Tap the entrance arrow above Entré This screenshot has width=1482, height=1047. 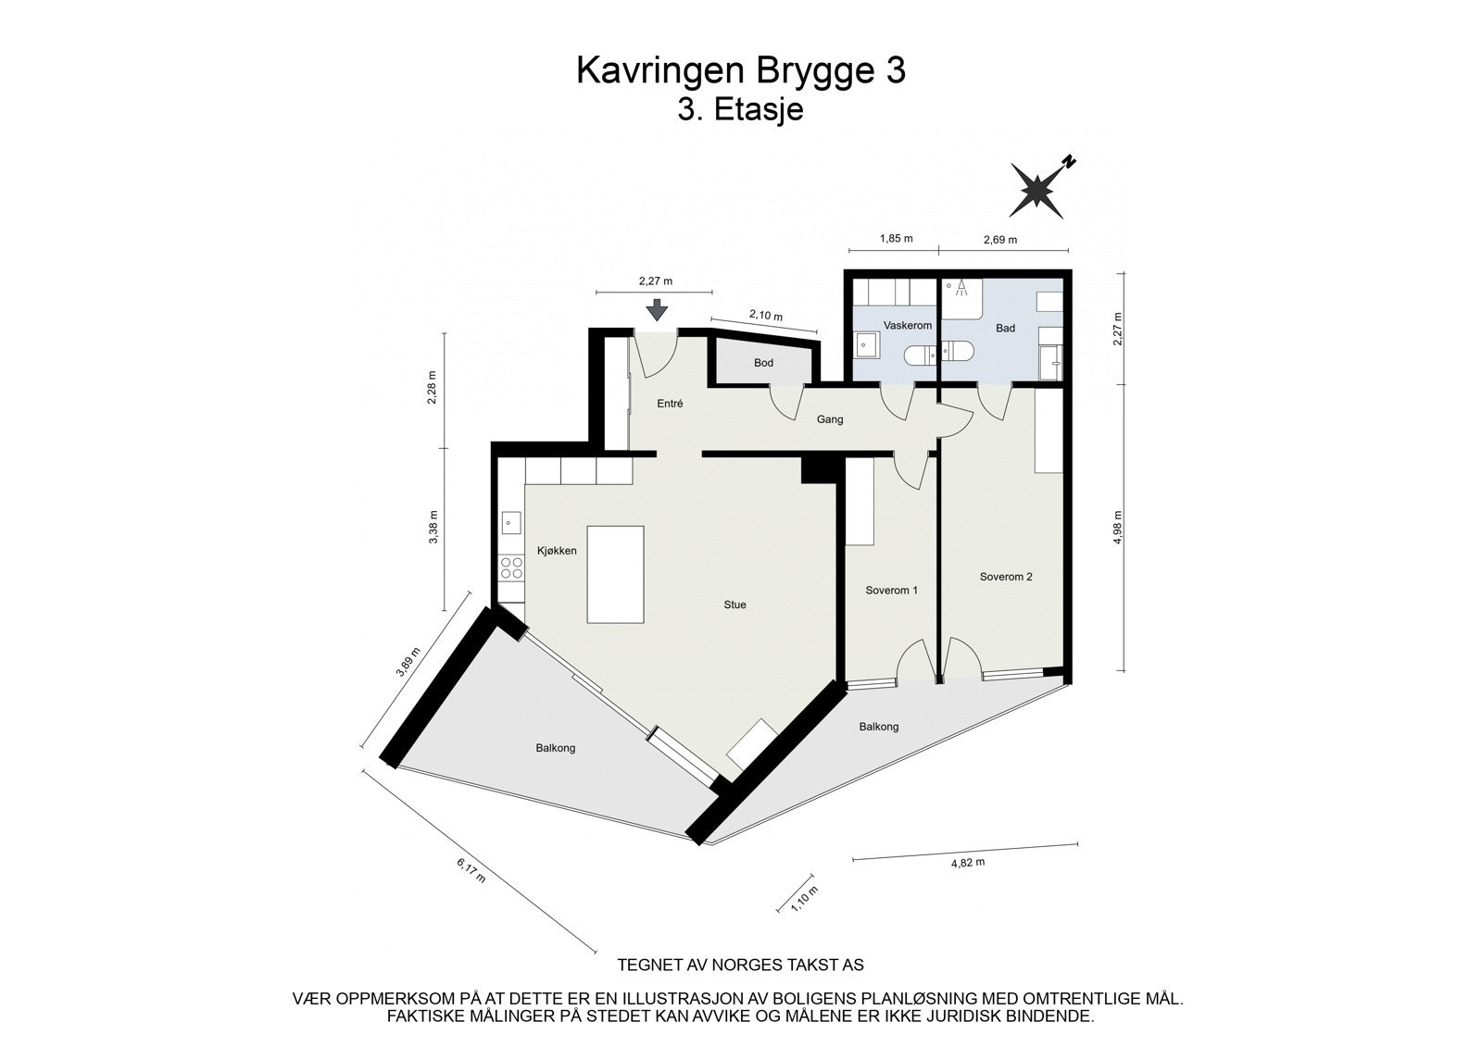(657, 310)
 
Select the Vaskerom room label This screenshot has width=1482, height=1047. (907, 326)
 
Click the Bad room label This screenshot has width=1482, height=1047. (1005, 329)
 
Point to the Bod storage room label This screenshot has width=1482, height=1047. (763, 363)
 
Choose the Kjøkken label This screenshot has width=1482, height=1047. (557, 551)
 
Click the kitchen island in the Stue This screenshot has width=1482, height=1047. (616, 574)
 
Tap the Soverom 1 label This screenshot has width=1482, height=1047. (891, 591)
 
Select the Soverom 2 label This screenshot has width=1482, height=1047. (1006, 577)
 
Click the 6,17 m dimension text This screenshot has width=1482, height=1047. (471, 870)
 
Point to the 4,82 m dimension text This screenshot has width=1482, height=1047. (968, 862)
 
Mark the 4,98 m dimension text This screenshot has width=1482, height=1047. (1118, 528)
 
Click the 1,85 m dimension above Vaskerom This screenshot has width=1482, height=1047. (896, 239)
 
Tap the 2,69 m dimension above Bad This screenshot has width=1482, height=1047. (999, 240)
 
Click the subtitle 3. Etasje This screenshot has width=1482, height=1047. (740, 110)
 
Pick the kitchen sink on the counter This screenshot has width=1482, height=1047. (510, 524)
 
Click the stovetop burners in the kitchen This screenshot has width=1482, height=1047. (510, 567)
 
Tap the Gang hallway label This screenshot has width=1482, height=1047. (830, 419)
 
